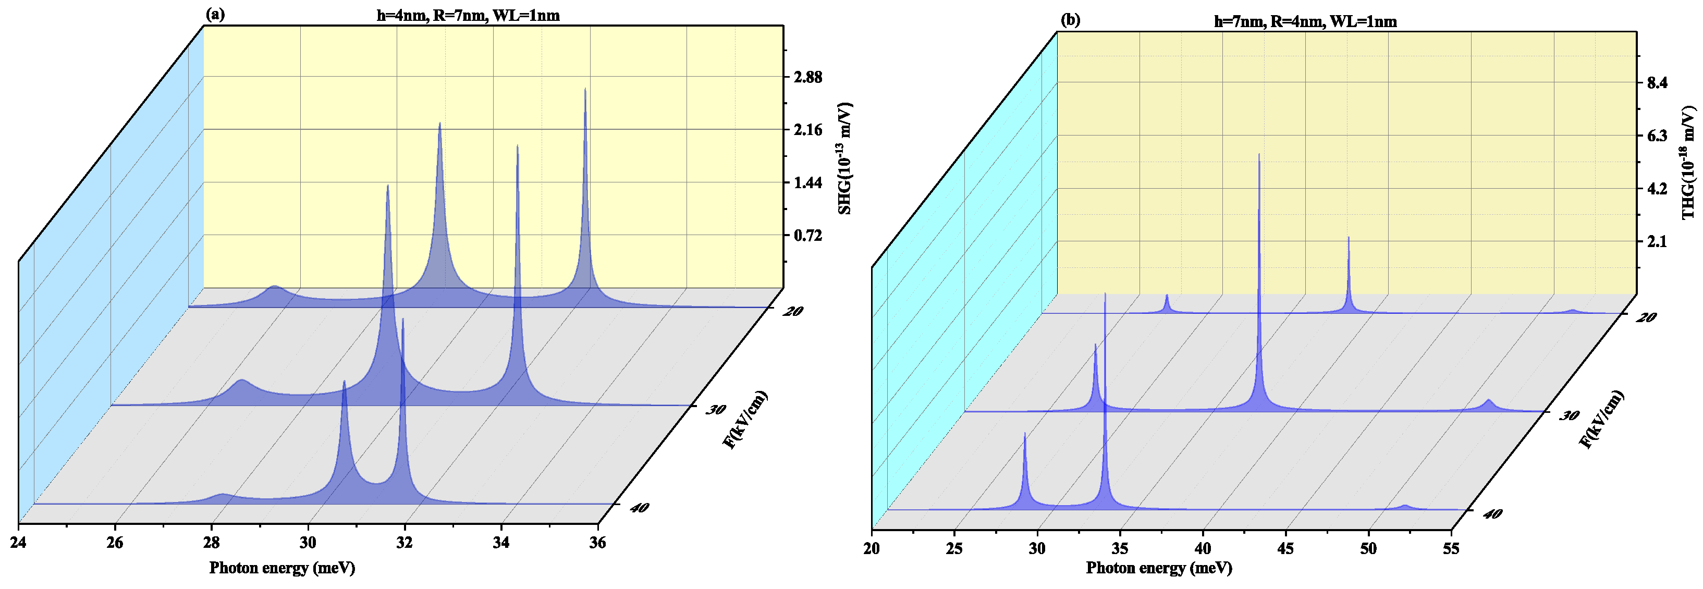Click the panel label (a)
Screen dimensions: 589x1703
click(215, 15)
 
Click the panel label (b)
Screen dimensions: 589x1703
click(1070, 20)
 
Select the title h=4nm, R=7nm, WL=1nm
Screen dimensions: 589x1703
click(468, 15)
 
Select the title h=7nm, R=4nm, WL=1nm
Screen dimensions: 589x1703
click(1305, 21)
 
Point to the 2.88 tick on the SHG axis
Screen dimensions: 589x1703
click(808, 77)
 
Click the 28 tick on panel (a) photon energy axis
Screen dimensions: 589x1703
click(212, 543)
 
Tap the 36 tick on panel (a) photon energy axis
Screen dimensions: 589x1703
click(597, 543)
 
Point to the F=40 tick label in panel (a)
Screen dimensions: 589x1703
click(639, 508)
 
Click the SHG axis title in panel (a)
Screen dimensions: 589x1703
click(844, 158)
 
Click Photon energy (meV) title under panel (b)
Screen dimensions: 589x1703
click(1159, 568)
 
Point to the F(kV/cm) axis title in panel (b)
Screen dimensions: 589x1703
click(1601, 419)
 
